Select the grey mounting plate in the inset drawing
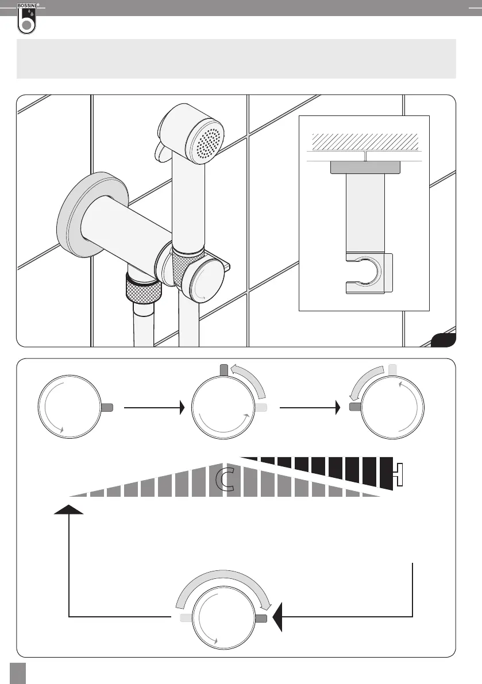[x=365, y=167]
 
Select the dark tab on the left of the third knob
[x=355, y=407]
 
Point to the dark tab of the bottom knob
[x=261, y=618]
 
